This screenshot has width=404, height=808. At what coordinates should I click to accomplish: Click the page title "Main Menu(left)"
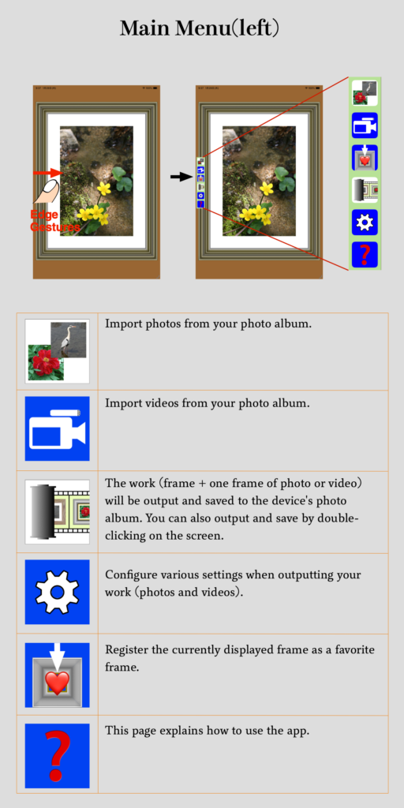coord(200,28)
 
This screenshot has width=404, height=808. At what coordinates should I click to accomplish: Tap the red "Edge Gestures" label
coord(55,221)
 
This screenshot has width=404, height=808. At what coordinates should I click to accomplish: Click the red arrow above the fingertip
coord(47,173)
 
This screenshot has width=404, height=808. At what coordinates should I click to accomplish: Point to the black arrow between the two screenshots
coord(182,177)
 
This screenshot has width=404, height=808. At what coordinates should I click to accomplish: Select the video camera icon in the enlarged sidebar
coord(365,125)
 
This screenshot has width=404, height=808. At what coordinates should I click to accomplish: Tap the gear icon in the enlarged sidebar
coord(365,222)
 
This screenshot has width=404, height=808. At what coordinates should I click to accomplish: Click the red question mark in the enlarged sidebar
coord(365,255)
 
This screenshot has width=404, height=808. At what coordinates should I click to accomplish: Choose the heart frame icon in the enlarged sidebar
coord(365,158)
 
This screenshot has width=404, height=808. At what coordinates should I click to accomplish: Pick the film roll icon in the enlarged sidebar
coord(365,189)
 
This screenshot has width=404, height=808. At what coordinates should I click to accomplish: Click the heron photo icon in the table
coord(57,351)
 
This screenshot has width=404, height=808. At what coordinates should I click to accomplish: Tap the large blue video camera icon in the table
coord(57,428)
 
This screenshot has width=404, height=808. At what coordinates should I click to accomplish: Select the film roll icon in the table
coord(57,511)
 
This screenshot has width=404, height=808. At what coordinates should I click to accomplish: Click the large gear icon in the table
coord(57,592)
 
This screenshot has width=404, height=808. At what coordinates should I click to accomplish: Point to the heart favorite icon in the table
coord(57,675)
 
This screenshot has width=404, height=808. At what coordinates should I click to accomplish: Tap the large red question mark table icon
coord(57,756)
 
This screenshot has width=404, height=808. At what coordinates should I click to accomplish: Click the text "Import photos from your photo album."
coord(208,324)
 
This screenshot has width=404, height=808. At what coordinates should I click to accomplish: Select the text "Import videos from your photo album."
coord(208,403)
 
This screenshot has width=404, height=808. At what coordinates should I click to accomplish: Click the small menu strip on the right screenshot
coord(200,183)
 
